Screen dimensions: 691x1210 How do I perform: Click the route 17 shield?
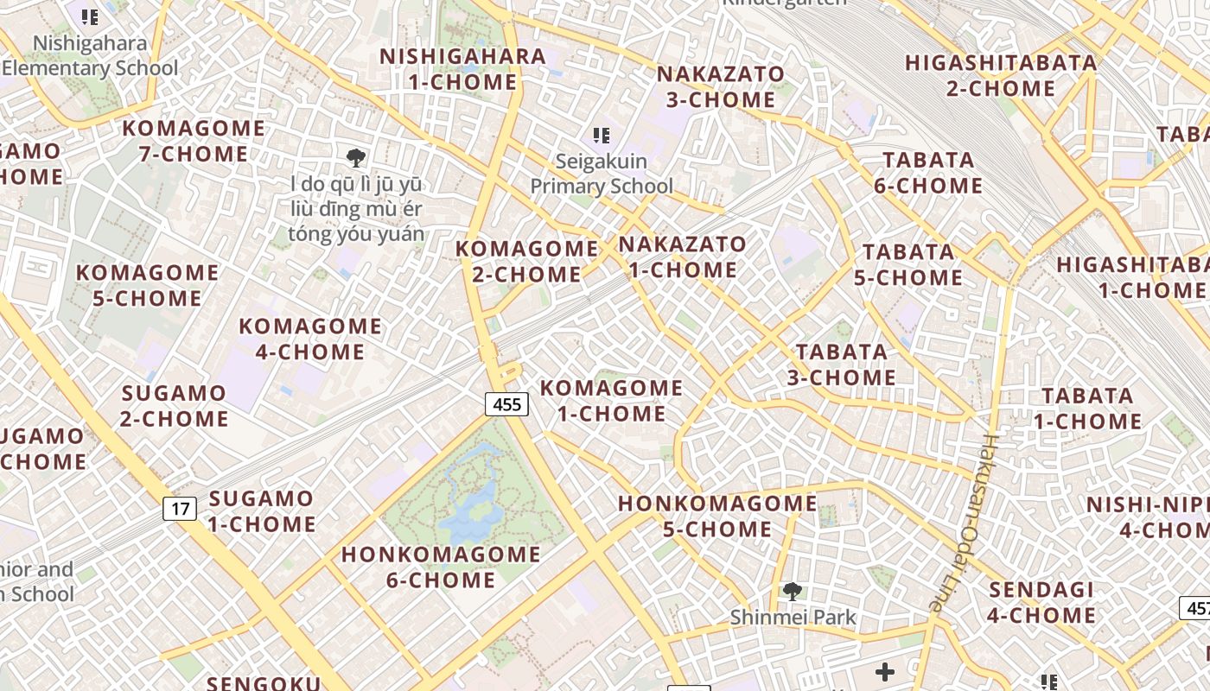point(180,508)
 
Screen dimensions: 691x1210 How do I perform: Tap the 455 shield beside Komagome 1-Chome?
point(506,403)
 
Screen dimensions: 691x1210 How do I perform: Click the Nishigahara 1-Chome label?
point(462,69)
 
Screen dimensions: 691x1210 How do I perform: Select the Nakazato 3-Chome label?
point(720,86)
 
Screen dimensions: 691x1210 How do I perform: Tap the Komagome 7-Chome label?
point(194,141)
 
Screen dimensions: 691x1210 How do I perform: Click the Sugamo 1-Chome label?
point(261,510)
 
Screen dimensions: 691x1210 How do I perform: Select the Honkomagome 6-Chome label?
point(441,567)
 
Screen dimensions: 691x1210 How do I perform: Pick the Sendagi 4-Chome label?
point(1041,602)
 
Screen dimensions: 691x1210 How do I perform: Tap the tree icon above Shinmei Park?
point(792,592)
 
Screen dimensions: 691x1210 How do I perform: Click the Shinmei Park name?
point(793,617)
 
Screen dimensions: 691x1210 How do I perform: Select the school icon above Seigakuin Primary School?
point(602,136)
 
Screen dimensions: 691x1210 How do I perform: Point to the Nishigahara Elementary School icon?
point(89,16)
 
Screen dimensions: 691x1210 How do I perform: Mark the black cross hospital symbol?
point(885,671)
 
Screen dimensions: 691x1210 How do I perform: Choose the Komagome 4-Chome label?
point(309,339)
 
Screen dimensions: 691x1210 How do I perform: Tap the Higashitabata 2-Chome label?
point(1001,75)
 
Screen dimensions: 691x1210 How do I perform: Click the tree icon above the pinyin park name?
point(355,157)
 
